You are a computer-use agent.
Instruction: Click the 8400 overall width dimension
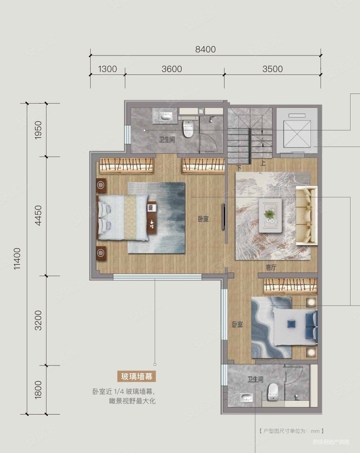pyautogui.click(x=205, y=49)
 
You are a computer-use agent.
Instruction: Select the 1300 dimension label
pyautogui.click(x=107, y=69)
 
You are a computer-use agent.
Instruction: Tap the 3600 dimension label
pyautogui.click(x=172, y=69)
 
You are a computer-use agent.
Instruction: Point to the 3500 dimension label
pyautogui.click(x=272, y=69)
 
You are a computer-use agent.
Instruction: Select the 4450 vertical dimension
pyautogui.click(x=38, y=216)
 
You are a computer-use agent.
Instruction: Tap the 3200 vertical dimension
pyautogui.click(x=38, y=320)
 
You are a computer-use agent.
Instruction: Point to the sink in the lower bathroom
pyautogui.click(x=246, y=399)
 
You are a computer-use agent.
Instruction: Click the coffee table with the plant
pyautogui.click(x=270, y=215)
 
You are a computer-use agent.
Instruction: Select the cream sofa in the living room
pyautogui.click(x=307, y=216)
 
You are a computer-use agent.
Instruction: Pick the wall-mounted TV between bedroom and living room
pyautogui.click(x=223, y=217)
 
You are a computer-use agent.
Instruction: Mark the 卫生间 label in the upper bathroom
pyautogui.click(x=166, y=140)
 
